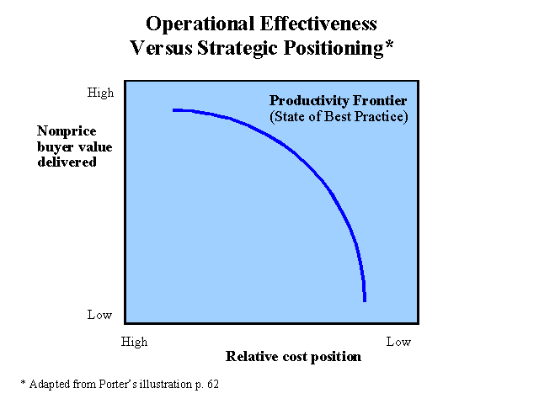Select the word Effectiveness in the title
pyautogui.click(x=313, y=24)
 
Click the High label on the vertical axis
pyautogui.click(x=100, y=93)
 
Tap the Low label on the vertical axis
pyautogui.click(x=99, y=315)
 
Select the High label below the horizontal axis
pyautogui.click(x=134, y=342)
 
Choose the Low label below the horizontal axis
pyautogui.click(x=398, y=342)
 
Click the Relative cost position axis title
pyautogui.click(x=293, y=357)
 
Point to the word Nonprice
pyautogui.click(x=66, y=131)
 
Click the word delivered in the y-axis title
pyautogui.click(x=67, y=162)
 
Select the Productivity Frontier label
pyautogui.click(x=338, y=101)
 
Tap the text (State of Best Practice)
pyautogui.click(x=339, y=117)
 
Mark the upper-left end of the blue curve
pyautogui.click(x=174, y=110)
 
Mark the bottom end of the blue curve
pyautogui.click(x=365, y=299)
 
